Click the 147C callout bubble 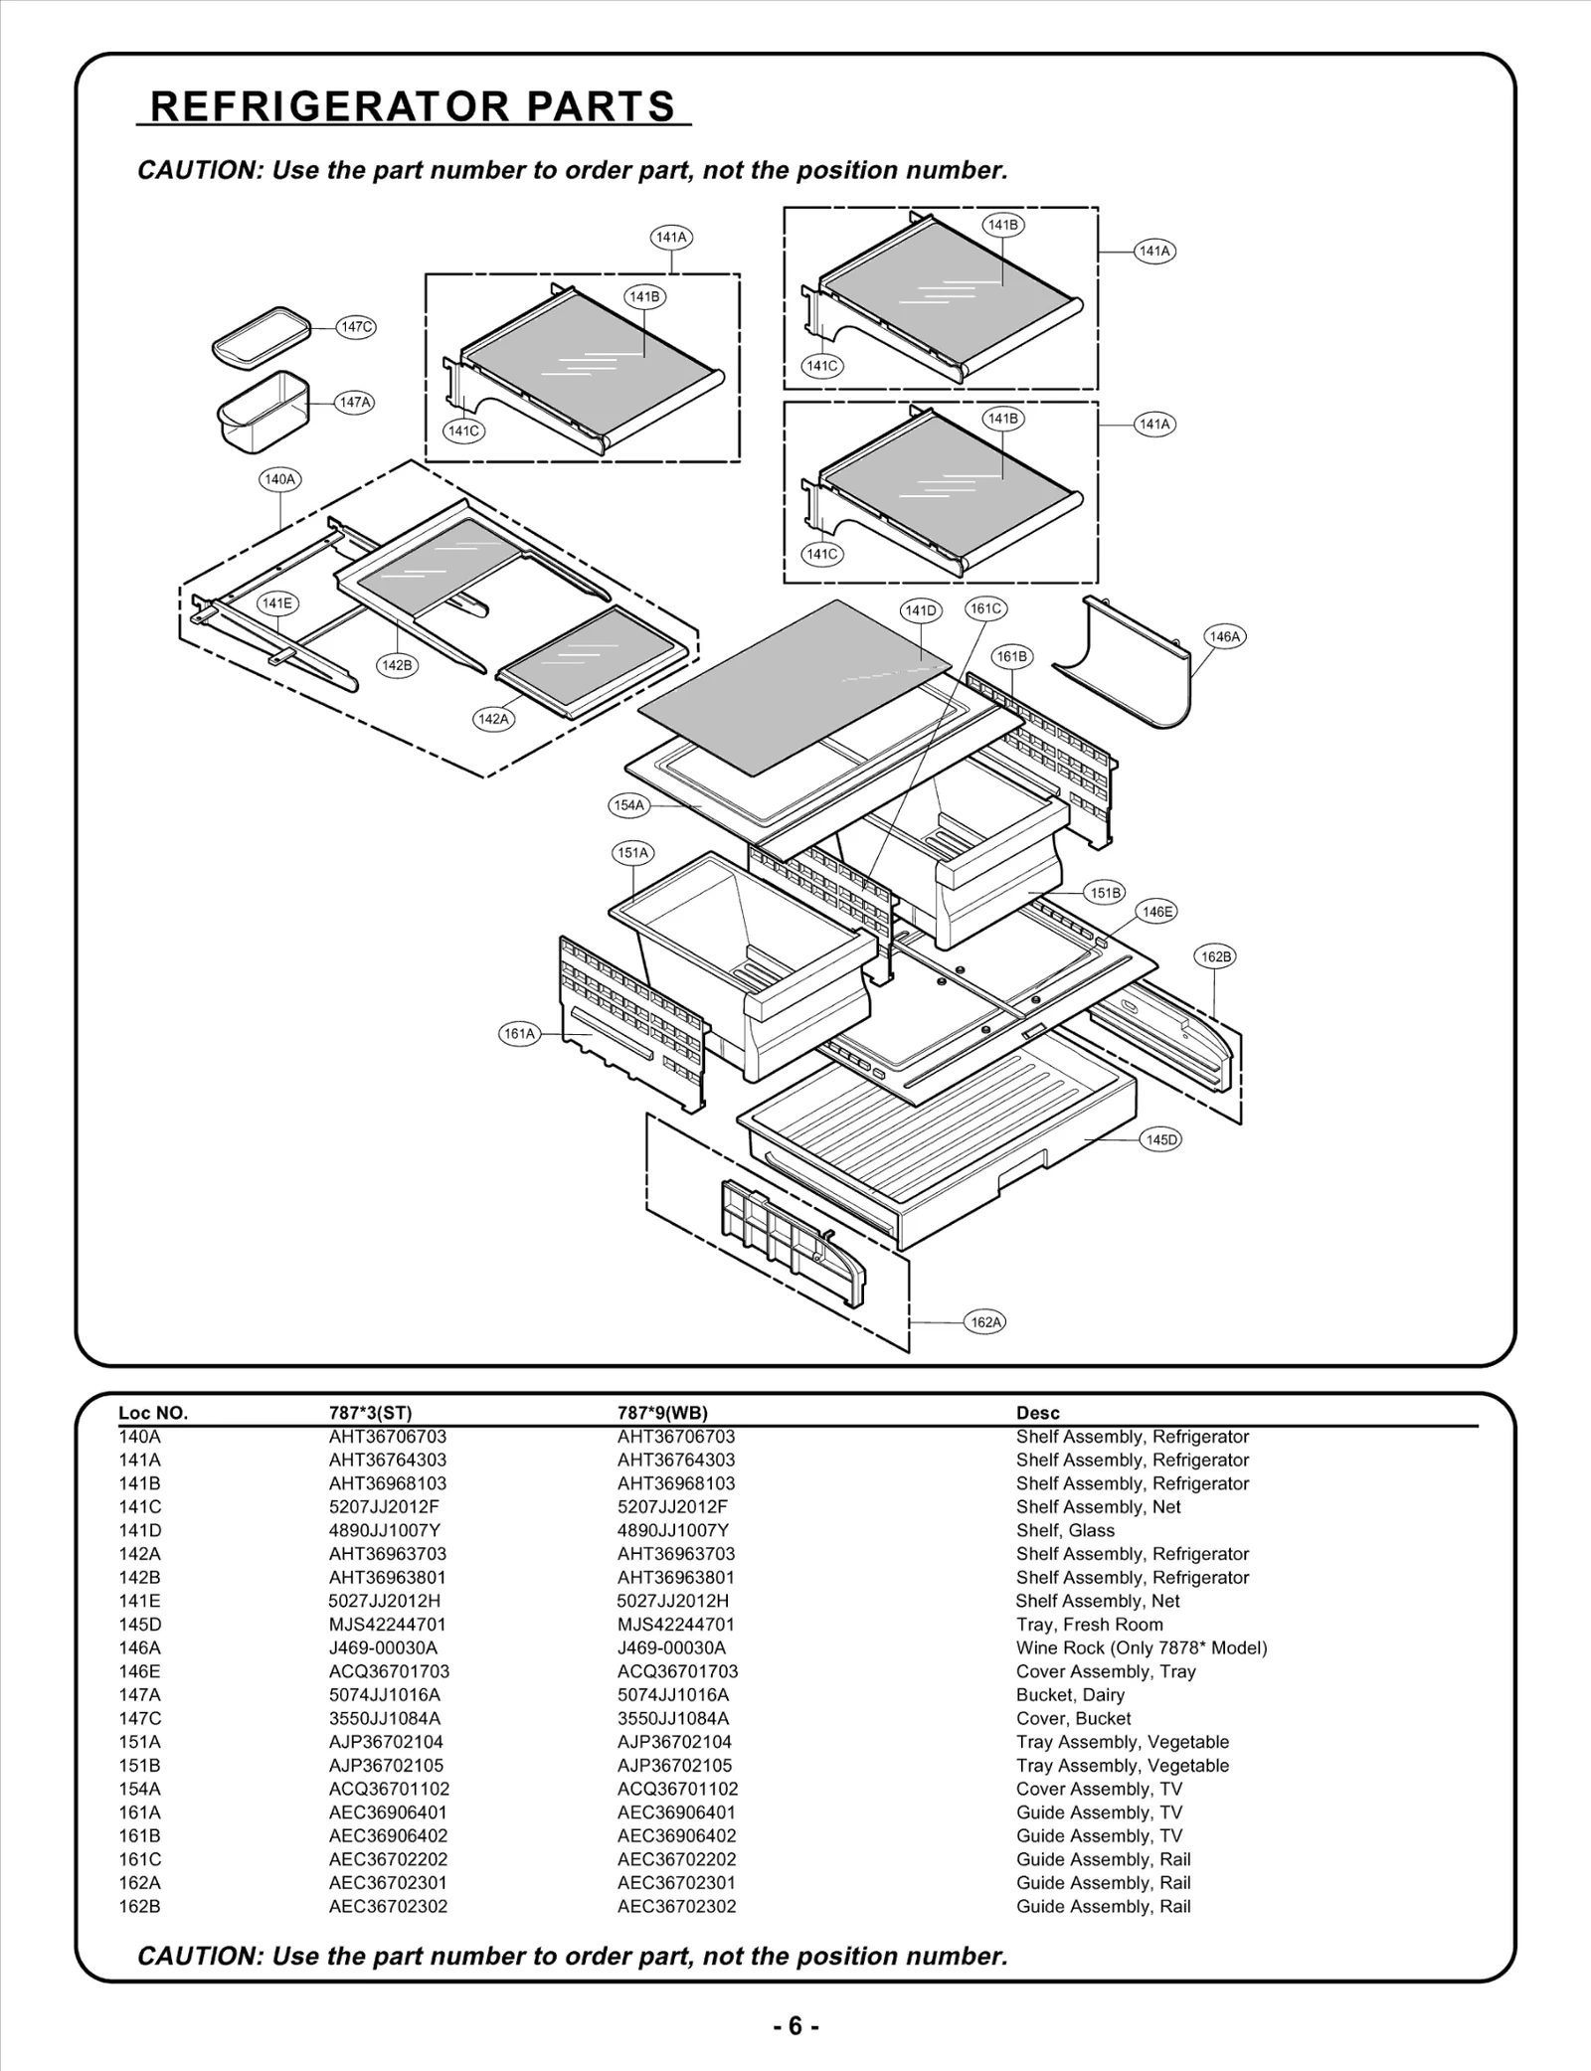[356, 327]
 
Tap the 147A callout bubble [355, 403]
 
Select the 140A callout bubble [280, 479]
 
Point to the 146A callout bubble [1224, 637]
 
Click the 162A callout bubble [985, 1322]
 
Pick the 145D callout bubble [1160, 1140]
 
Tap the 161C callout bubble [985, 608]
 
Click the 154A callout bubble [628, 805]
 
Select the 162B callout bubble [1215, 957]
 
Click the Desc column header [1037, 1413]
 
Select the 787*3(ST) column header [370, 1413]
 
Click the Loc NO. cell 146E [139, 1671]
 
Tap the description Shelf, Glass [1065, 1530]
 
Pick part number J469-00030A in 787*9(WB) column [671, 1647]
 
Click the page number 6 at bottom [795, 2026]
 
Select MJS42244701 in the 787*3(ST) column [387, 1625]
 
